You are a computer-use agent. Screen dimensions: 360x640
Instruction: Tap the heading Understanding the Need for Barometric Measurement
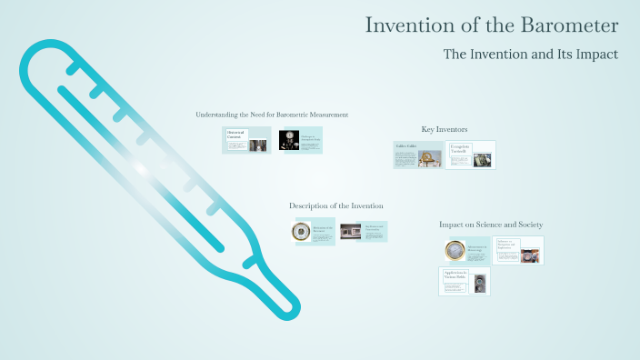click(272, 115)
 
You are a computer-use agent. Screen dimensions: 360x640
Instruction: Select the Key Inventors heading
click(445, 130)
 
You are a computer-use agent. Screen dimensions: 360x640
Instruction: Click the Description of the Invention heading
click(335, 206)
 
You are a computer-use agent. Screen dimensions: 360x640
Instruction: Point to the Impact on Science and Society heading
click(491, 225)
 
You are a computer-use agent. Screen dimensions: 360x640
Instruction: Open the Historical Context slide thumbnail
click(246, 140)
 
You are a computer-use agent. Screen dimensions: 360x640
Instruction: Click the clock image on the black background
click(289, 140)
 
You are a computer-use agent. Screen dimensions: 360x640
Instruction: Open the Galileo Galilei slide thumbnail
click(417, 155)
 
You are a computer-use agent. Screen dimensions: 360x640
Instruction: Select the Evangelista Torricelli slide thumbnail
click(471, 155)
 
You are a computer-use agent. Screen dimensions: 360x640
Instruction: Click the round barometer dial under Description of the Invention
click(300, 232)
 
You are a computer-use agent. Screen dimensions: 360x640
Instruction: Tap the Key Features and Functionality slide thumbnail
click(363, 232)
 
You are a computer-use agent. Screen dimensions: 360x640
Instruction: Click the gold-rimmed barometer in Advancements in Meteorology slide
click(455, 251)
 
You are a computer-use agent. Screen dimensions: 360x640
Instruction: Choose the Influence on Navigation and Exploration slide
click(518, 250)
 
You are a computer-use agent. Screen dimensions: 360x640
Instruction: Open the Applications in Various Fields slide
click(464, 281)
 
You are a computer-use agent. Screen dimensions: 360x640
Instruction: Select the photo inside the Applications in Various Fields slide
click(479, 282)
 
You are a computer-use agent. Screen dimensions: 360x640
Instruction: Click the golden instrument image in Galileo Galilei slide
click(429, 158)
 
